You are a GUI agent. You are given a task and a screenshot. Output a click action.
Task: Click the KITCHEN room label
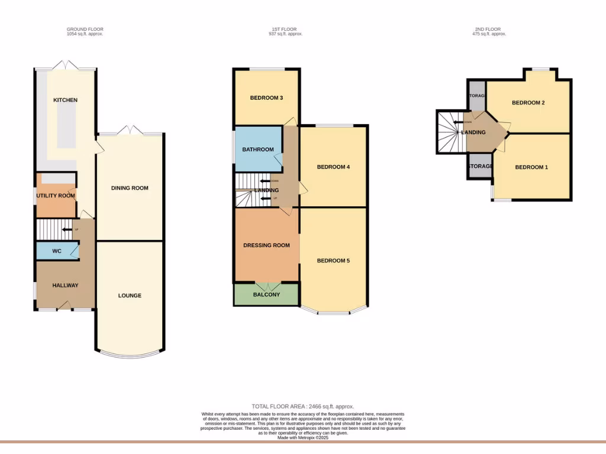click(65, 100)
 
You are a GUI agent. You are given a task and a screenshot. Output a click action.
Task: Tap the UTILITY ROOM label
click(56, 196)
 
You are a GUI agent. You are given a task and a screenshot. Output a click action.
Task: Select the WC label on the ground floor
click(57, 251)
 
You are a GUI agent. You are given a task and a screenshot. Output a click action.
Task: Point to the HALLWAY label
click(65, 286)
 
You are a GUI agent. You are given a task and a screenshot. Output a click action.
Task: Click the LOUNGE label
click(130, 296)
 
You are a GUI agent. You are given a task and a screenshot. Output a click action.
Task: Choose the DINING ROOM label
click(130, 188)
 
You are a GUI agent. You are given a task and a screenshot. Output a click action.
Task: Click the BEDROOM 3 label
click(266, 98)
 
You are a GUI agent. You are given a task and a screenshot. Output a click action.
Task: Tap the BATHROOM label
click(257, 150)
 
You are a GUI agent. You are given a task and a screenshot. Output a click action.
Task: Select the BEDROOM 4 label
click(333, 167)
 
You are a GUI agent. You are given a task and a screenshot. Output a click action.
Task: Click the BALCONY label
click(266, 294)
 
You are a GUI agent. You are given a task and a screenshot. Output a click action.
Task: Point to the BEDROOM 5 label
click(333, 261)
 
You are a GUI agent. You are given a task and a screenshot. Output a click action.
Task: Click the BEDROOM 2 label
click(528, 103)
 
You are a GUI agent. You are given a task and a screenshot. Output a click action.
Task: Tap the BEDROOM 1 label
click(531, 167)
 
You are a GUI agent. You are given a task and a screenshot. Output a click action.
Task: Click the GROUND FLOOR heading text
click(85, 29)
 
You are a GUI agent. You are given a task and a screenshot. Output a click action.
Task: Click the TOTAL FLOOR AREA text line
click(302, 406)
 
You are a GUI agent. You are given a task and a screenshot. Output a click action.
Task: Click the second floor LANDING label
click(473, 132)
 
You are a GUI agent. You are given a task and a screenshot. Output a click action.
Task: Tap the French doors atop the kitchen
click(66, 65)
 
